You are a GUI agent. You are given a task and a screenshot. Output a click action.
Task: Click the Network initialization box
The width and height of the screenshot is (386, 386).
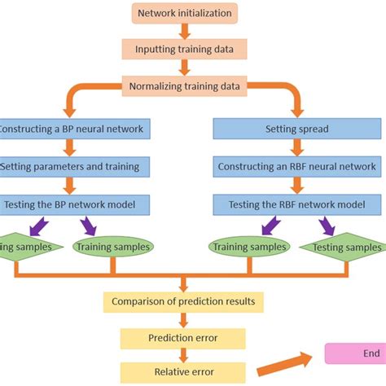[184, 13]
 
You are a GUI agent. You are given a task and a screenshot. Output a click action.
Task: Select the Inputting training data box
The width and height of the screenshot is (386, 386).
[184, 49]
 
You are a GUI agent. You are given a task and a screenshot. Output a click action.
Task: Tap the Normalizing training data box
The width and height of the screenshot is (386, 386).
[184, 85]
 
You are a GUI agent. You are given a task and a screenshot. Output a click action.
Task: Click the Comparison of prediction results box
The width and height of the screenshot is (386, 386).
[184, 302]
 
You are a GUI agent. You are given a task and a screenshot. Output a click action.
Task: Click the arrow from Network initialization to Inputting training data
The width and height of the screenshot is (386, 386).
[184, 31]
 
